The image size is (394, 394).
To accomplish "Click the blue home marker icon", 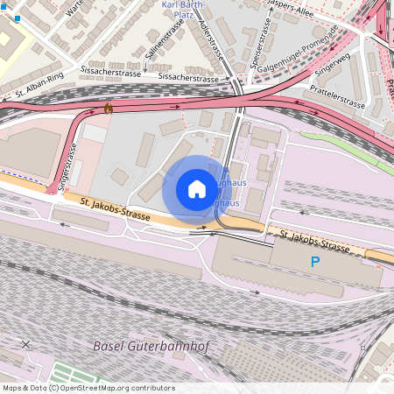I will [197, 189].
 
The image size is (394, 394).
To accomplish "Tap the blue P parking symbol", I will [315, 262].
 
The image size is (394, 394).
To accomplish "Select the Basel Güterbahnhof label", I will [151, 346].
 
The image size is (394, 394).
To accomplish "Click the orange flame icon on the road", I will [108, 108].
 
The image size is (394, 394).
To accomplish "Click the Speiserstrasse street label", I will [257, 46].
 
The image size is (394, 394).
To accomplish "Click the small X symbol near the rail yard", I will [25, 344].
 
